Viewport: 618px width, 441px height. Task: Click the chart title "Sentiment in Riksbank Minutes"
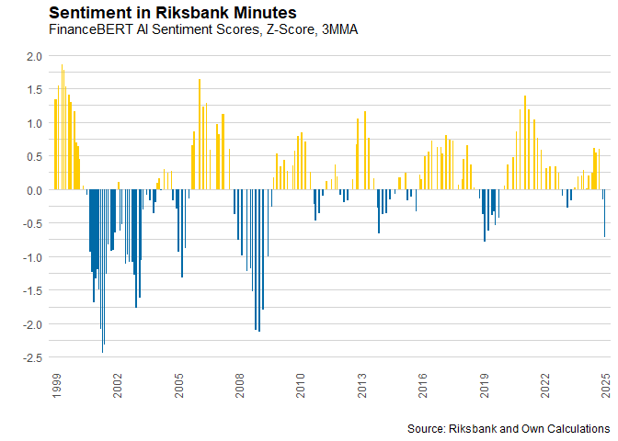(x=173, y=13)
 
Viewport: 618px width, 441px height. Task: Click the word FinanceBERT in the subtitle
(x=91, y=29)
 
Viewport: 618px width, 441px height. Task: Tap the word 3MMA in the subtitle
(x=339, y=29)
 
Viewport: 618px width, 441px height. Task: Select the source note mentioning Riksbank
(x=509, y=428)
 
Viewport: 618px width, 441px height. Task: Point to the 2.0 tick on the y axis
(x=34, y=56)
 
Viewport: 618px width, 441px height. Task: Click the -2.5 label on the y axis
(x=32, y=358)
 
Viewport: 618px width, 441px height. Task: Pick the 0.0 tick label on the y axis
(x=34, y=190)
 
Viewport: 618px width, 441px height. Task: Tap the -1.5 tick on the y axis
(x=32, y=291)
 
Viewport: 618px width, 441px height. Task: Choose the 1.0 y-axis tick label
(x=34, y=124)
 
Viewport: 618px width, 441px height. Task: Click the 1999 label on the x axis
(x=56, y=386)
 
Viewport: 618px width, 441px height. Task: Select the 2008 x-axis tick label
(x=240, y=386)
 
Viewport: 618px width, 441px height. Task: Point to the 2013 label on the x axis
(x=361, y=386)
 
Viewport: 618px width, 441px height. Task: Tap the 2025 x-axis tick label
(x=606, y=386)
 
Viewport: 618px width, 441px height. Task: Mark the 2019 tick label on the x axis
(x=484, y=386)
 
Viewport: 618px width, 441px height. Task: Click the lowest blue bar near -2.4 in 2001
(x=102, y=271)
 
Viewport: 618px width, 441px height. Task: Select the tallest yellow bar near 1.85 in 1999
(x=62, y=127)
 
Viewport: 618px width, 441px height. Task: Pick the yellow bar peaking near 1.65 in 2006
(x=200, y=134)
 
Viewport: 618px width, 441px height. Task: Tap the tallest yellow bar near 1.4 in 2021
(x=525, y=142)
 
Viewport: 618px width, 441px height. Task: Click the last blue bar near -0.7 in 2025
(x=604, y=213)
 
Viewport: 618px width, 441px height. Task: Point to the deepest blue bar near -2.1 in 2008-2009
(x=259, y=261)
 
